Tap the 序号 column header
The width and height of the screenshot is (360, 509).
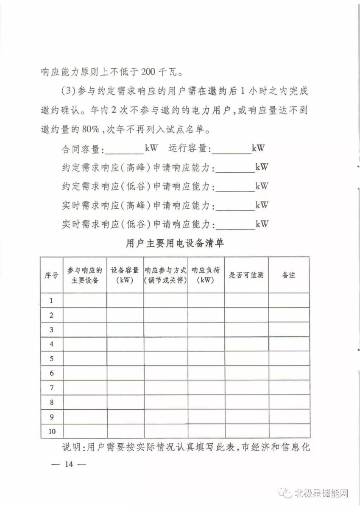[x=51, y=275]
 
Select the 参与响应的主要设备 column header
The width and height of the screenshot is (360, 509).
[x=85, y=275]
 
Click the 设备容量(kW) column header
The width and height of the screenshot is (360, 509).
[x=125, y=275]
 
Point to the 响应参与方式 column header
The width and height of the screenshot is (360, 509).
[x=165, y=275]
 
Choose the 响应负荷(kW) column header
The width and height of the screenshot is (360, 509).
[x=206, y=275]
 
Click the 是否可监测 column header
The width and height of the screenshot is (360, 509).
[x=246, y=275]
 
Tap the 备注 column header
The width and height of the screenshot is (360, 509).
[x=288, y=275]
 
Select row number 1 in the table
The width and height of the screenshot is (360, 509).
[x=51, y=301]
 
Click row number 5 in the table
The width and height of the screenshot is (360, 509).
[x=51, y=359]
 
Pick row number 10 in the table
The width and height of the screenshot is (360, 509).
[x=52, y=431]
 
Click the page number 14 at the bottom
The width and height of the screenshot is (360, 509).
[x=69, y=464]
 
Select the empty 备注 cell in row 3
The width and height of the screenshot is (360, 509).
[x=288, y=330]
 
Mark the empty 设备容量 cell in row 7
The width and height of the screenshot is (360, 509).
[x=125, y=388]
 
